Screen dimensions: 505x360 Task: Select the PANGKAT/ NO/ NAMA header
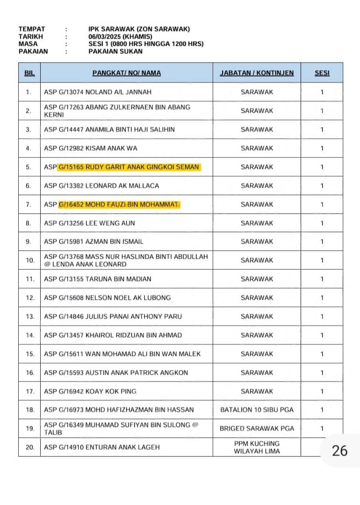(126, 73)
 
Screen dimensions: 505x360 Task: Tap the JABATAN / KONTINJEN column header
(257, 73)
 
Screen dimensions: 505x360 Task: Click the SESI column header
(322, 73)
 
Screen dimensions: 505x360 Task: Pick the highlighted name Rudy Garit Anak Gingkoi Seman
(129, 167)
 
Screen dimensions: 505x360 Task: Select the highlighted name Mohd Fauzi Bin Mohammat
(119, 204)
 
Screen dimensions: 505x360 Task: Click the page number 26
(339, 450)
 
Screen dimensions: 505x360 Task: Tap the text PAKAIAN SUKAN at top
(115, 51)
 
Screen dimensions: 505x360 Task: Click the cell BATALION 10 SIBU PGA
(257, 410)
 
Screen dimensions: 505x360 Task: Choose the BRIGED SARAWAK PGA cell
(257, 428)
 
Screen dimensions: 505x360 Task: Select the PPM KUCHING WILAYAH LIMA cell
(257, 447)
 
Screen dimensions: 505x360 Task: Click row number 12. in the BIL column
(30, 298)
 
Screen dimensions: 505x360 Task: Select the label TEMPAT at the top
(32, 29)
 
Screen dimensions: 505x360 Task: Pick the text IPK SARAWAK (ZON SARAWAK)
(139, 29)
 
